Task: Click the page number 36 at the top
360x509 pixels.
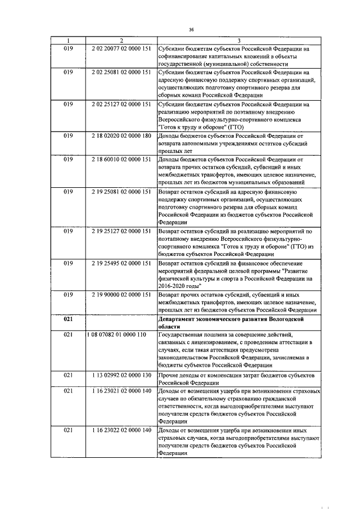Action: tap(191, 29)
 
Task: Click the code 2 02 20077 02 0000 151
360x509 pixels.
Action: tap(121, 49)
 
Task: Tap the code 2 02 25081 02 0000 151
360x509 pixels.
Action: tap(121, 73)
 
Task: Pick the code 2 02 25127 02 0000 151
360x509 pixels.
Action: tap(121, 104)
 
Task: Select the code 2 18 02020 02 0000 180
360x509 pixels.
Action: tap(121, 136)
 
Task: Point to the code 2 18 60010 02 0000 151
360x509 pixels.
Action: tap(121, 159)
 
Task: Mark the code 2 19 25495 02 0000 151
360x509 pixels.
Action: tap(121, 263)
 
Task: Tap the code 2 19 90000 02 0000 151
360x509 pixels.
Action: tap(121, 294)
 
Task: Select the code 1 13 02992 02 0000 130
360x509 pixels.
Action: tap(121, 374)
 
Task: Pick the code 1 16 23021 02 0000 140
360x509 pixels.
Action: tap(121, 390)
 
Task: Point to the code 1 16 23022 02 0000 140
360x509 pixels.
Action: tap(121, 430)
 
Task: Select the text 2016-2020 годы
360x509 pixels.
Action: tap(177, 286)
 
